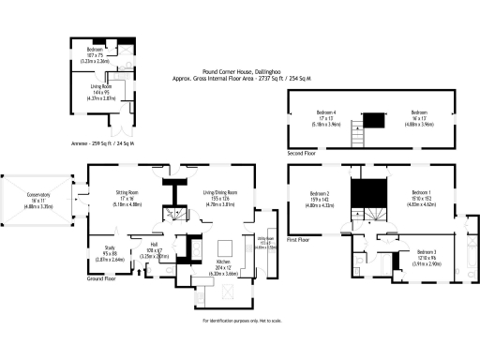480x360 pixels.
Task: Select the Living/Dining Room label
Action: (220, 194)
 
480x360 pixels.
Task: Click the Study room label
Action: (110, 249)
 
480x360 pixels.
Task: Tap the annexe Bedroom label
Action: (96, 51)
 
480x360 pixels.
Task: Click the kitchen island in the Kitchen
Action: (225, 247)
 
